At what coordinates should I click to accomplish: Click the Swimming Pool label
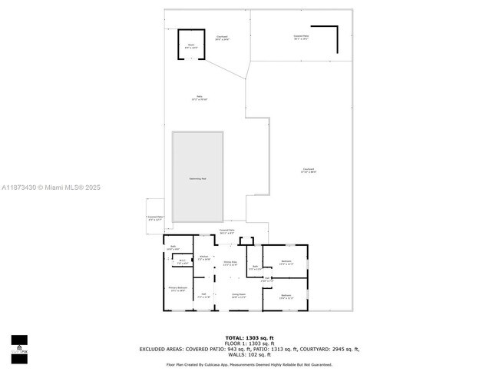tap(197, 178)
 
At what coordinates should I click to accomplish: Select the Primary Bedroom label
tap(177, 290)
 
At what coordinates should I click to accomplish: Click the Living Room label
tap(238, 295)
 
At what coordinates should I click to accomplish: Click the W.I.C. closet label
tap(182, 262)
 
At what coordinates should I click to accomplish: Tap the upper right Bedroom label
tap(285, 262)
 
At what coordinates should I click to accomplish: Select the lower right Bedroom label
tap(286, 297)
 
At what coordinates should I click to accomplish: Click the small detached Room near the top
tap(192, 45)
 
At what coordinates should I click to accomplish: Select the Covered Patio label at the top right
tap(300, 37)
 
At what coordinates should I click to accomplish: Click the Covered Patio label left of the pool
tap(156, 218)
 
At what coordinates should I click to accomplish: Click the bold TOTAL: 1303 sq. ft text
tap(249, 337)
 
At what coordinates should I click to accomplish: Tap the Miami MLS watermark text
tap(50, 187)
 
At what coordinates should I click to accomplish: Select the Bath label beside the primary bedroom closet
tap(173, 248)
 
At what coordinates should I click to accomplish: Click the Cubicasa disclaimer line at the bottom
tap(249, 365)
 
